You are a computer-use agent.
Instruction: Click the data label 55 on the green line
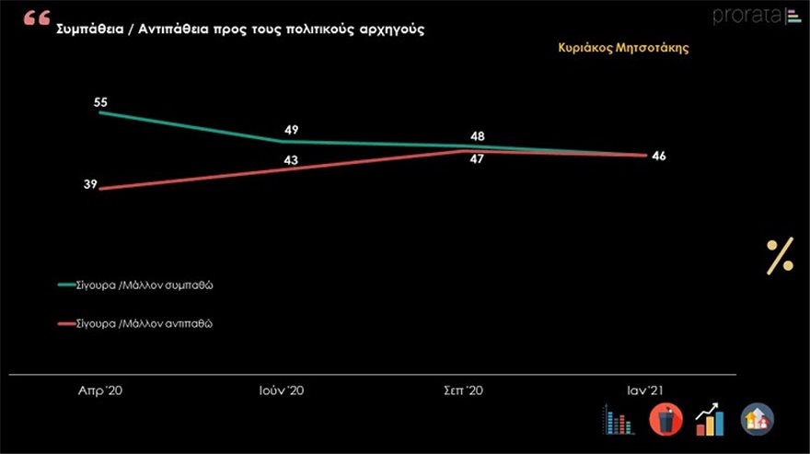101,102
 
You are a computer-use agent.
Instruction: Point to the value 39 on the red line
90,185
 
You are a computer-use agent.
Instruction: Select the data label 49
291,130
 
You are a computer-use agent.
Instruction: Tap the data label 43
292,161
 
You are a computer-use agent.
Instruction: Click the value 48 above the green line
478,136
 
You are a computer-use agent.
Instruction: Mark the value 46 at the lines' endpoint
658,156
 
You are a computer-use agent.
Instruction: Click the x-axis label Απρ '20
100,390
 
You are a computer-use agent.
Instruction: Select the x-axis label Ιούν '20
283,390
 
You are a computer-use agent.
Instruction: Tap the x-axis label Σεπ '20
464,390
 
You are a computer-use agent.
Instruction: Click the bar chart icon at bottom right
618,420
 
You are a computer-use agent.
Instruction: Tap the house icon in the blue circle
758,420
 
